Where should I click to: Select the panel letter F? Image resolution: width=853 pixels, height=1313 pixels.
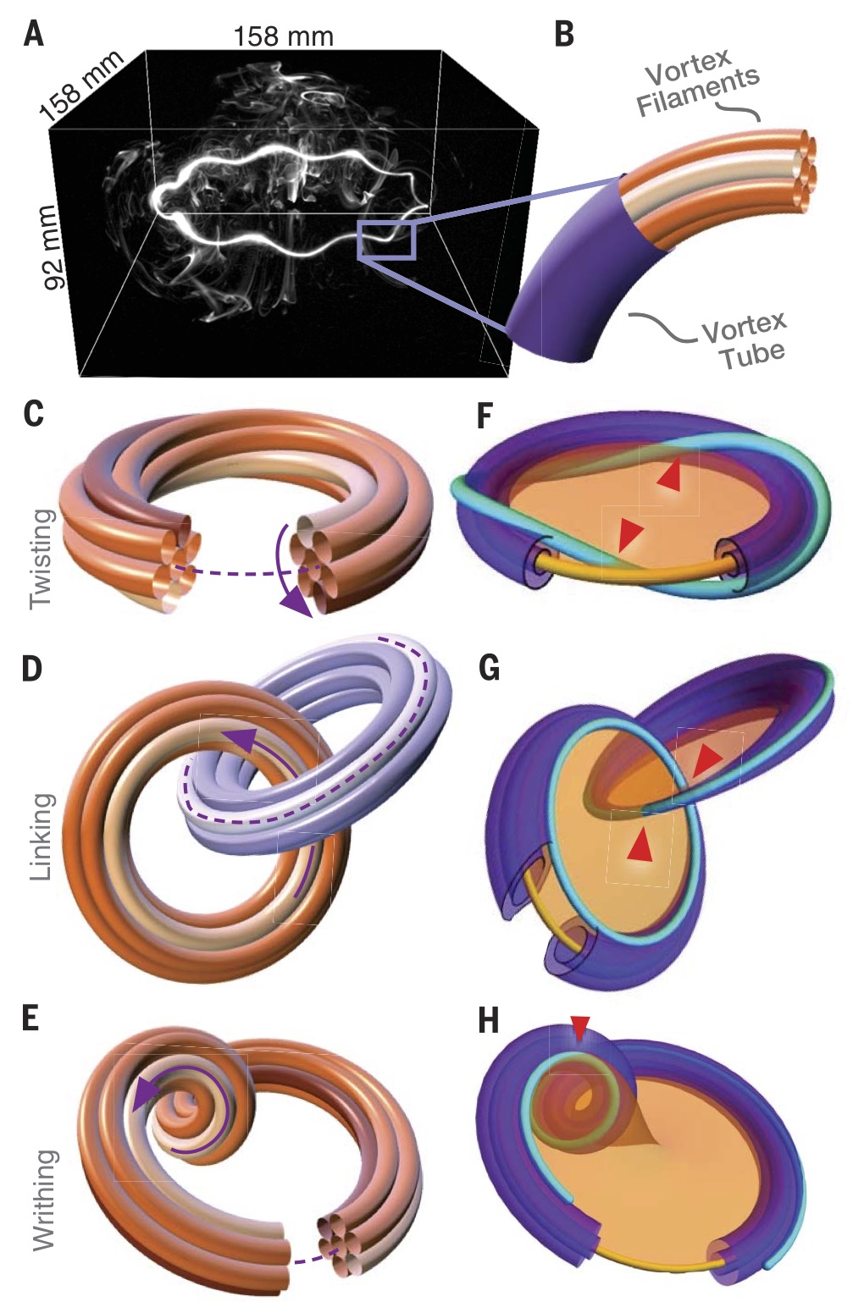coord(485,416)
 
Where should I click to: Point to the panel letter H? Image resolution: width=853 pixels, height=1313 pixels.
coord(489,1020)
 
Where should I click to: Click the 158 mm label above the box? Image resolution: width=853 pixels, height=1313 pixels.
coord(283,36)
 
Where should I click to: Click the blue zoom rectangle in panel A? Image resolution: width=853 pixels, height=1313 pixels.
coord(386,239)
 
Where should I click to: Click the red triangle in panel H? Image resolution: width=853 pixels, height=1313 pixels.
coord(579,1029)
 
